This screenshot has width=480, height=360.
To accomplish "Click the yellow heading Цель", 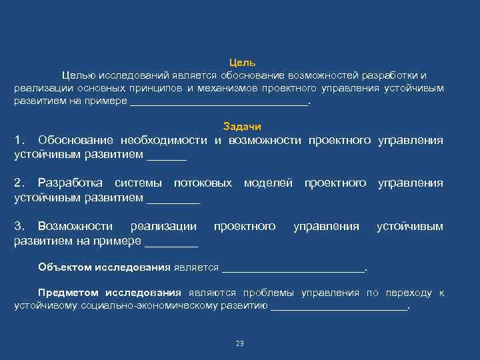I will click(x=242, y=62).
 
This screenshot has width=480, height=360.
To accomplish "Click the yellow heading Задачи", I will click(x=242, y=127).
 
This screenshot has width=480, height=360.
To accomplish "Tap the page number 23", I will click(x=240, y=343).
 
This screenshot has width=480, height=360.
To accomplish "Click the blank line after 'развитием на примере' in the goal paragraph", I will click(x=219, y=102).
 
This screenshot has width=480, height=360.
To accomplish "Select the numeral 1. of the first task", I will click(x=21, y=140).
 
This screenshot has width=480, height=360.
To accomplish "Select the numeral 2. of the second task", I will click(x=21, y=183).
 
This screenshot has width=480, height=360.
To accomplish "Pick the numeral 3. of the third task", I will click(x=21, y=227).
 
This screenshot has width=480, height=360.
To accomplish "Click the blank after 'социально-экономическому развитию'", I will click(x=339, y=307).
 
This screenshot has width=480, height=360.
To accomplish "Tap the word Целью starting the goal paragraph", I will click(x=79, y=75).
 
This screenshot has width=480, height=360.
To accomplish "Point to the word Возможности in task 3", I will click(x=75, y=227).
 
